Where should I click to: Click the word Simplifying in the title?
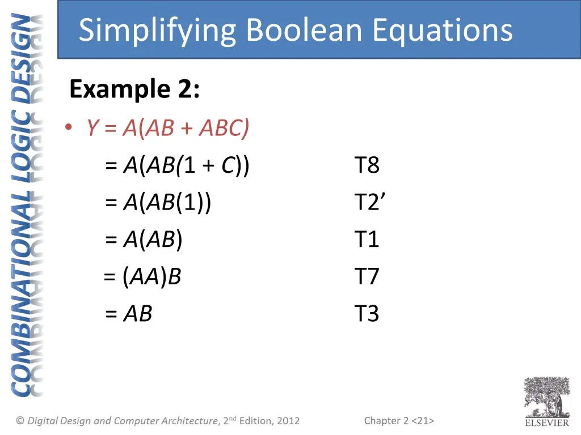(157, 31)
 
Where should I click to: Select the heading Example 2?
(134, 89)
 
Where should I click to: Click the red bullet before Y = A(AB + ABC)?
(68, 129)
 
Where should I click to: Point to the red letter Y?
(92, 129)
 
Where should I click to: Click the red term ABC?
(222, 129)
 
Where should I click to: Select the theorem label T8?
(367, 166)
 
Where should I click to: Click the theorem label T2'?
(369, 203)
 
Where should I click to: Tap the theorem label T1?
(367, 240)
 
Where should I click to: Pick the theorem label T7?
(367, 277)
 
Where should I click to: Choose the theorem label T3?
(367, 314)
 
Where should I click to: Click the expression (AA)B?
(151, 277)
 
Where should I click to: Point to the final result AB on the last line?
(137, 314)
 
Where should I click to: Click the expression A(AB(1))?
(167, 203)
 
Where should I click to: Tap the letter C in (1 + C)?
(228, 166)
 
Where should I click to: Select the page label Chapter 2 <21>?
(399, 420)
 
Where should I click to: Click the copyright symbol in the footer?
(20, 420)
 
